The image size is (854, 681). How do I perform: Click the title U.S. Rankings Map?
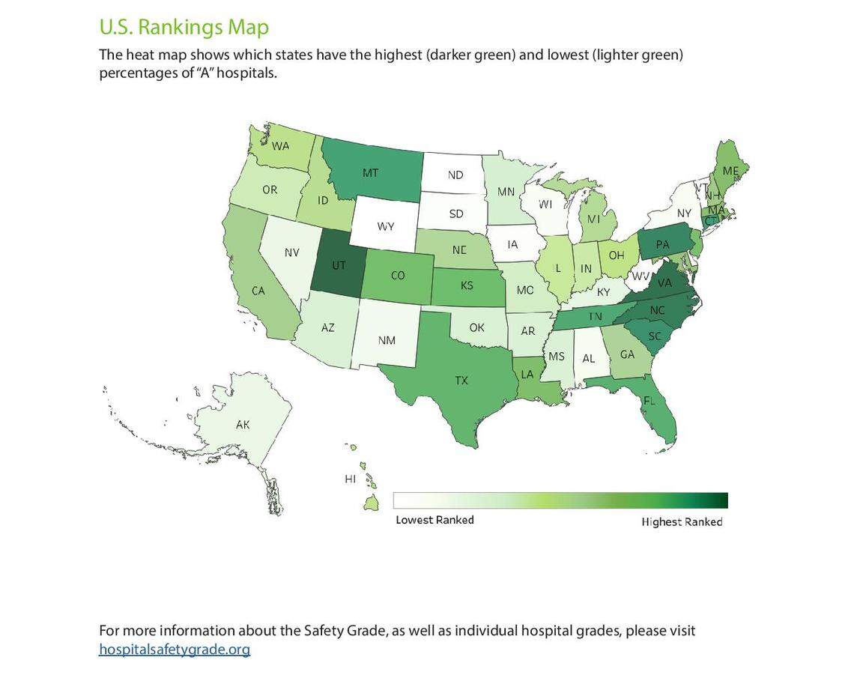[184, 27]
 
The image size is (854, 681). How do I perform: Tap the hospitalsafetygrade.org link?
[175, 649]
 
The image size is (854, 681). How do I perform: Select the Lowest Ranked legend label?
[434, 520]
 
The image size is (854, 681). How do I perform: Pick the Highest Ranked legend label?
[682, 522]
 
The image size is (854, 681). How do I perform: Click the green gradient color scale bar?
[560, 500]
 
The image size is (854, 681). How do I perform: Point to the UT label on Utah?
[339, 265]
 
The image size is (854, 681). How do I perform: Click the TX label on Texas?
[461, 381]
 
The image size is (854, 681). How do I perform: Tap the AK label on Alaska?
[243, 425]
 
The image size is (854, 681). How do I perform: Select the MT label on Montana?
[370, 173]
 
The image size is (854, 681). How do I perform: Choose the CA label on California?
[258, 291]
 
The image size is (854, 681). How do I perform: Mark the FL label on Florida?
[649, 401]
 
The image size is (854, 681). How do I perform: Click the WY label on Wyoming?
[385, 226]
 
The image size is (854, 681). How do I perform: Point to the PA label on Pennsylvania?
[662, 244]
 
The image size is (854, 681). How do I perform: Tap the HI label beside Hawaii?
[350, 479]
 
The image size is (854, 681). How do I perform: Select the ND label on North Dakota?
[455, 175]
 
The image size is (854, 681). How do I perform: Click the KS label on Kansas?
[467, 285]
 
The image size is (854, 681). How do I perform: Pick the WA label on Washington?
[280, 146]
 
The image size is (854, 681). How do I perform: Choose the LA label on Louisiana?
[527, 374]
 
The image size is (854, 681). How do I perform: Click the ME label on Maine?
[730, 171]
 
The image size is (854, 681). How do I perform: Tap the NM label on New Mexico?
[387, 340]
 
